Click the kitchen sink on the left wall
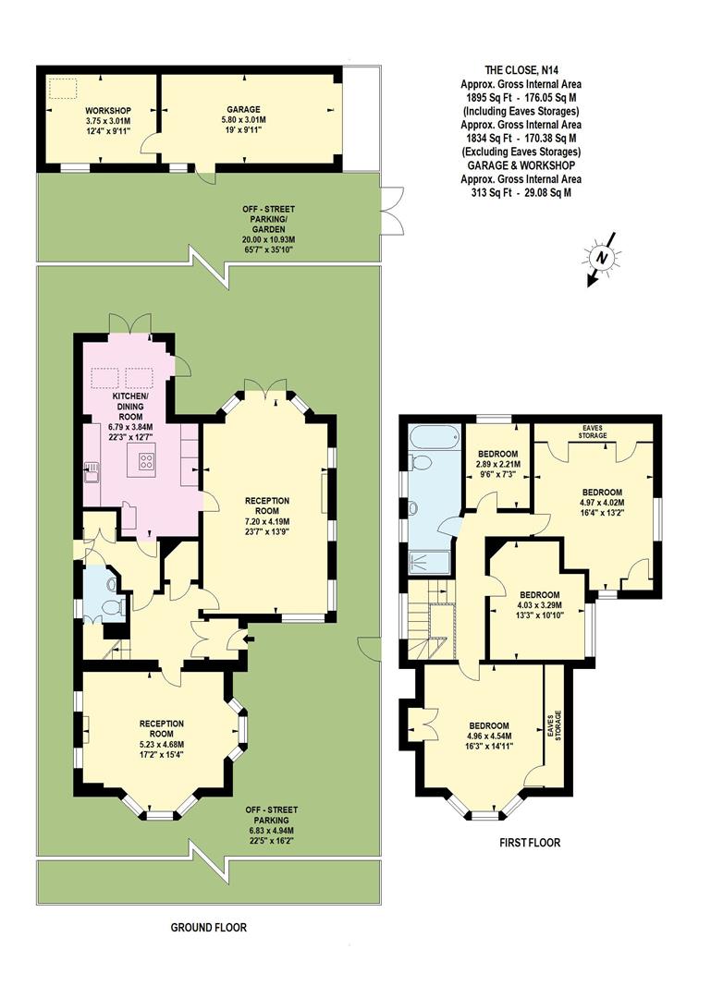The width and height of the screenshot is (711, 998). point(92,472)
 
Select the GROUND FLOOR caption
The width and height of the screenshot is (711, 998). point(209,927)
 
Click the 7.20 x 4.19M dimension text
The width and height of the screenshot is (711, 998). point(267,521)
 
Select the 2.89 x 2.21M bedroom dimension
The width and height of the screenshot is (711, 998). point(497,464)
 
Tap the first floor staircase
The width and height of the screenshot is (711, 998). point(433,624)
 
